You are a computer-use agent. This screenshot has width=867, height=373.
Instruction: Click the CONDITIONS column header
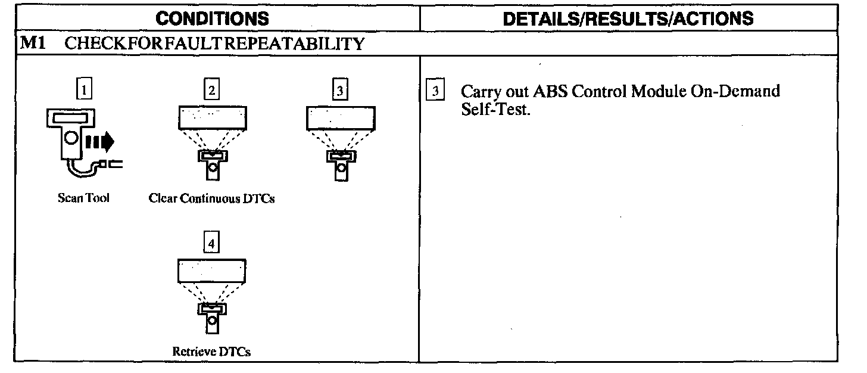click(211, 18)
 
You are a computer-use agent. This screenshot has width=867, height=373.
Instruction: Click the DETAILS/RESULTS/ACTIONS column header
click(628, 18)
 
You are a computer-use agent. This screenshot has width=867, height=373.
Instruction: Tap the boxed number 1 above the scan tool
click(86, 91)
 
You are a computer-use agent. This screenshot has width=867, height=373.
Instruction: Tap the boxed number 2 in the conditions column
click(211, 91)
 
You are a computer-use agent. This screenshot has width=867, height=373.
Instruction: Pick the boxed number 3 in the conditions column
click(339, 91)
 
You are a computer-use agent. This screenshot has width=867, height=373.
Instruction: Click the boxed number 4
click(211, 243)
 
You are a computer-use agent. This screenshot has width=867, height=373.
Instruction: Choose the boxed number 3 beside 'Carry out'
click(436, 92)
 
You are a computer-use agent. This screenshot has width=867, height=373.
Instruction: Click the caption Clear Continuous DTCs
click(211, 199)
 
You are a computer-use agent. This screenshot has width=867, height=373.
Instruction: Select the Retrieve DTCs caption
click(211, 351)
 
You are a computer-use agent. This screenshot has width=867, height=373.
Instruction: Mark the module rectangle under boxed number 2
click(211, 118)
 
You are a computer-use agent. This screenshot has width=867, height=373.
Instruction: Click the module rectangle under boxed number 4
click(211, 271)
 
